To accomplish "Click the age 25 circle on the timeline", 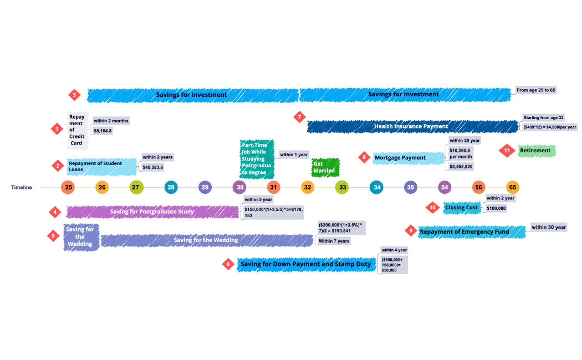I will (x=68, y=187).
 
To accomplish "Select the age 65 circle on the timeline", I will (x=513, y=187).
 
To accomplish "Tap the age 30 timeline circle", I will (x=239, y=187).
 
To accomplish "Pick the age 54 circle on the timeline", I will (x=445, y=187).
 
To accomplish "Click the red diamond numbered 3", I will (x=75, y=95).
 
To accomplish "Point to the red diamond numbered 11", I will (x=507, y=151).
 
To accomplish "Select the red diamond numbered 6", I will (x=228, y=264).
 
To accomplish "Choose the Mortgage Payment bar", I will (x=408, y=158).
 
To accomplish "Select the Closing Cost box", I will (x=461, y=208).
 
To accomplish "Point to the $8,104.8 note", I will (x=103, y=131).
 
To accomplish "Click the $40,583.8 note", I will (x=153, y=167).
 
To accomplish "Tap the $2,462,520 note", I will (x=461, y=166).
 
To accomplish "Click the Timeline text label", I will (x=21, y=187).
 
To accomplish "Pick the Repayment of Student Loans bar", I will (x=102, y=166).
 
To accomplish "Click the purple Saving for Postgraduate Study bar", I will (x=152, y=212).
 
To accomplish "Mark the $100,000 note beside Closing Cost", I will (x=496, y=208).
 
